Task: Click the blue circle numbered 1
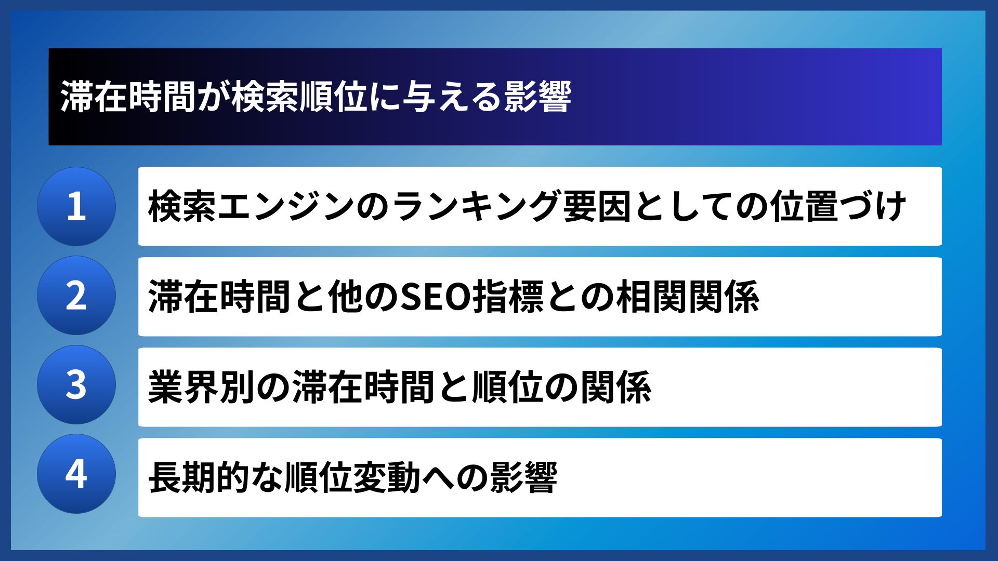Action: pos(76,206)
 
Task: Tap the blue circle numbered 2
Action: pos(76,296)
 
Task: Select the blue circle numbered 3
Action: pos(76,385)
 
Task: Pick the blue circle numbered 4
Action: pos(76,474)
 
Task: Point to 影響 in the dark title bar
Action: pos(537,97)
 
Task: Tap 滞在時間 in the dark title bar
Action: pos(128,97)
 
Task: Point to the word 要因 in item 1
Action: pos(597,207)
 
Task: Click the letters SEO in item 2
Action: pos(436,297)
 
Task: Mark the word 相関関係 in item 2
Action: pos(688,297)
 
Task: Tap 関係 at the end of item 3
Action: pos(616,388)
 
